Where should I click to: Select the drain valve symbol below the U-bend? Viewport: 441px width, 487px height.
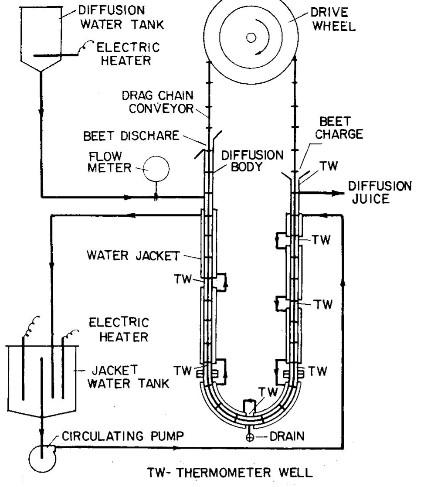(x=250, y=437)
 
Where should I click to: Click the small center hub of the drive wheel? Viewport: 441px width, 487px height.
(x=251, y=37)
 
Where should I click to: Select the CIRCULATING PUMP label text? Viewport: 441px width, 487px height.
(x=119, y=436)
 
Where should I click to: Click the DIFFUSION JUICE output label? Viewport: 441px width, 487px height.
(x=379, y=193)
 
